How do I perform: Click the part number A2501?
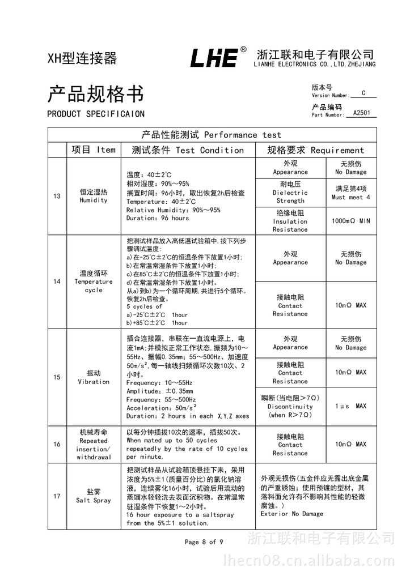[x=361, y=113]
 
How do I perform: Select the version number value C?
[x=363, y=93]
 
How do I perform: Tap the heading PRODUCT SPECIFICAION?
[x=96, y=114]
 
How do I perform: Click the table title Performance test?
[x=212, y=135]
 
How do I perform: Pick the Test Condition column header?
[x=188, y=150]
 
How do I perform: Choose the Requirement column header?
[x=316, y=150]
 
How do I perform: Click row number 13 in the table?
[x=57, y=196]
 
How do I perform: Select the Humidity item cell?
[x=94, y=196]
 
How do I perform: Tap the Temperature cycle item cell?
[x=94, y=282]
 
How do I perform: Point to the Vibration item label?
[x=94, y=377]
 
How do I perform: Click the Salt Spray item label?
[x=94, y=496]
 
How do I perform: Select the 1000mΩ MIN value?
[x=350, y=221]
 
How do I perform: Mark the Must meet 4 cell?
[x=350, y=193]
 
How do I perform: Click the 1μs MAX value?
[x=350, y=406]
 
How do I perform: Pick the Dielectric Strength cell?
[x=290, y=193]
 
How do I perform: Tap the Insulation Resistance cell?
[x=290, y=221]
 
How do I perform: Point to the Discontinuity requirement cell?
[x=290, y=406]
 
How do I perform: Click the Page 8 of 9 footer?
[x=204, y=542]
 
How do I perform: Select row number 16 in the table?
[x=57, y=445]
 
